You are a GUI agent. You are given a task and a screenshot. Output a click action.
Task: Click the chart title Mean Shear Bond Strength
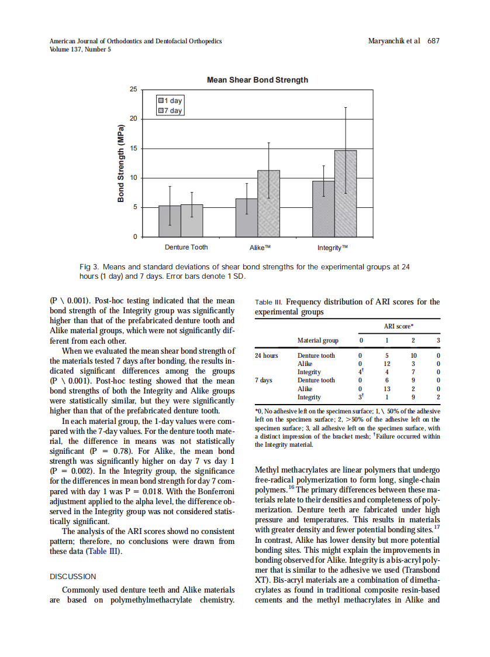point(257,80)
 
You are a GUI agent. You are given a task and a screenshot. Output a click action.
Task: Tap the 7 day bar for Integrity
point(345,193)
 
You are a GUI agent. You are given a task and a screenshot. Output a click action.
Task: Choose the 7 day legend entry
point(171,111)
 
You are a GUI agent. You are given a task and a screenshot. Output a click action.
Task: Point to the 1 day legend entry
point(171,101)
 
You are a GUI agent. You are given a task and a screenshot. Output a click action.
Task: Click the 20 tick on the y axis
point(133,119)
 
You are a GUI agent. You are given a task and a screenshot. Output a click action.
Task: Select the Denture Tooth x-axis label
point(186,248)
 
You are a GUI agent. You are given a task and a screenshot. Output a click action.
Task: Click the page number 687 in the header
point(433,41)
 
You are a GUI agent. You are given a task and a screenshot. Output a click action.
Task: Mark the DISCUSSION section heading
point(73,577)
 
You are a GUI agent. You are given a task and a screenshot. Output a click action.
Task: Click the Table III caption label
point(270,303)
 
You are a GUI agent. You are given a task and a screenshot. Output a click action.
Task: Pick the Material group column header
point(318,340)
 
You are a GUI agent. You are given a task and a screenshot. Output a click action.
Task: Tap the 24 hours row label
point(267,355)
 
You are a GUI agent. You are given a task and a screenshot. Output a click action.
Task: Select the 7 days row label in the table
point(264,380)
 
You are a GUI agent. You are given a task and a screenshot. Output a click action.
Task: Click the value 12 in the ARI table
point(387,364)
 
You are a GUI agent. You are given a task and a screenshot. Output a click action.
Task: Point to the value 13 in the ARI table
point(387,389)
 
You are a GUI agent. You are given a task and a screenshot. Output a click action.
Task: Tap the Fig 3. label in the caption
point(89,267)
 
